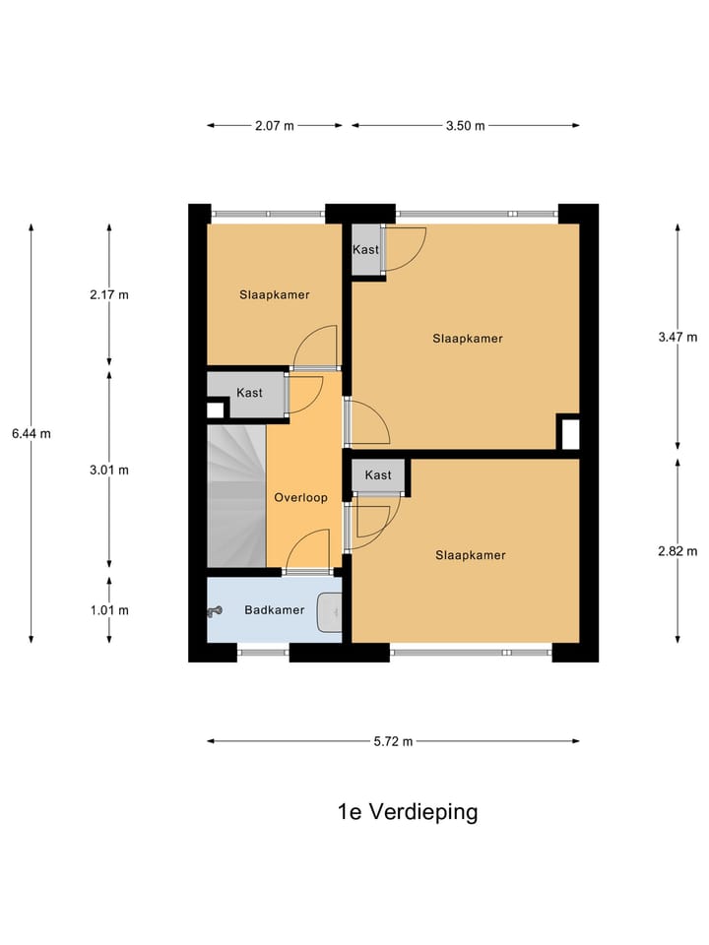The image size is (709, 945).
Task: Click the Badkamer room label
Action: (x=275, y=610)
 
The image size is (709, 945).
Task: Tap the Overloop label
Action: (x=300, y=498)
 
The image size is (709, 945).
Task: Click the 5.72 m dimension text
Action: (x=393, y=741)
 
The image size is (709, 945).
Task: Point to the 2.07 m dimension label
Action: (x=275, y=126)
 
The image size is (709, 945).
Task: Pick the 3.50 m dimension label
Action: (x=465, y=126)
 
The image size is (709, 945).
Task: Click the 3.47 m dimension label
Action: (x=677, y=337)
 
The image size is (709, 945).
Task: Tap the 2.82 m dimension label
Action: (x=677, y=551)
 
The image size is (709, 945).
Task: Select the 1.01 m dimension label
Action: (x=109, y=610)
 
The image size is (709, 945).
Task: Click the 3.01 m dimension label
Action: (x=109, y=470)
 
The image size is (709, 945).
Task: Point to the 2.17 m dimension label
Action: (x=109, y=294)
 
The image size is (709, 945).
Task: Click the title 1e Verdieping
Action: (x=408, y=812)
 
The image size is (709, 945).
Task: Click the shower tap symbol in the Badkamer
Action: (x=215, y=611)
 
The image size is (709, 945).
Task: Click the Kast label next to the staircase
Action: (x=249, y=393)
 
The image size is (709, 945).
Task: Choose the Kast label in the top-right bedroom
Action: (x=365, y=250)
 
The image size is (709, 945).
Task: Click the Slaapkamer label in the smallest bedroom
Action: (x=275, y=294)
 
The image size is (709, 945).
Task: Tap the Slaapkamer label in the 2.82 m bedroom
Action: (x=471, y=555)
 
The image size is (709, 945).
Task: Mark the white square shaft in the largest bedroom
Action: (x=570, y=432)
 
